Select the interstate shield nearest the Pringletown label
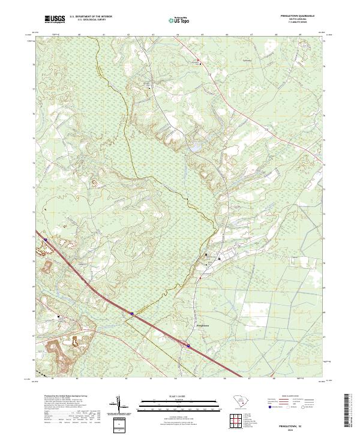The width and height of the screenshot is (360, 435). pos(187,346)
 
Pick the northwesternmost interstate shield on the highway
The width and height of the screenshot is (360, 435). pos(45,239)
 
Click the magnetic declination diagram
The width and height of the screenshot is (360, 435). pos(119,405)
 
